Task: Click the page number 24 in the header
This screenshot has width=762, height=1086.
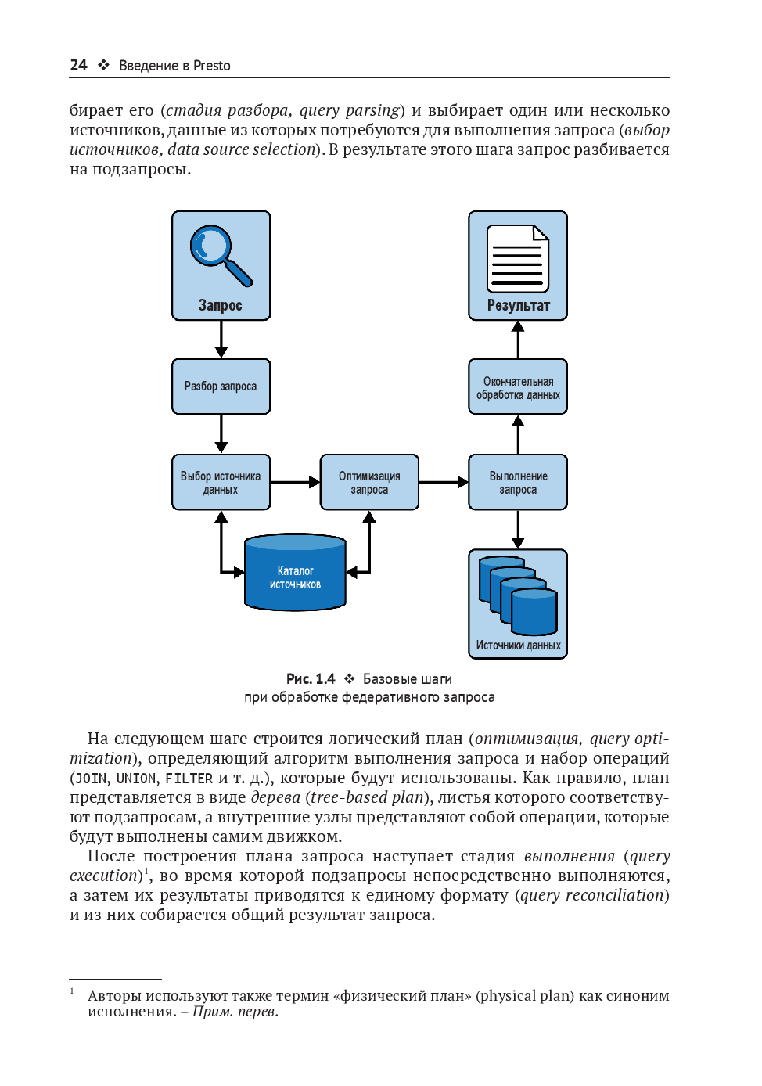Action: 78,65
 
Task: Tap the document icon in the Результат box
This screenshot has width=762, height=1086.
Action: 517,258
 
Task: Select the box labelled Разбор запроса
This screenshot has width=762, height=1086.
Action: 221,387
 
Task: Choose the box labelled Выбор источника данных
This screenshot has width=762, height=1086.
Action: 221,482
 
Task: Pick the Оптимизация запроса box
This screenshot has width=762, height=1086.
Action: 369,482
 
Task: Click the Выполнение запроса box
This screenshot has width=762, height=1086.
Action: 518,482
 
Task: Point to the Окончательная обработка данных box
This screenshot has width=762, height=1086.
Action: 518,387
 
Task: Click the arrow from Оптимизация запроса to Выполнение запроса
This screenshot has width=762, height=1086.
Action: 444,482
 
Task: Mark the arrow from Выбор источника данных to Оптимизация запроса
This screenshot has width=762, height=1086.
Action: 295,482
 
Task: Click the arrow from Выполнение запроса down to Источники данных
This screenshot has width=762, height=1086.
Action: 518,530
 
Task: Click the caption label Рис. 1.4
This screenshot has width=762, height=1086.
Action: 311,679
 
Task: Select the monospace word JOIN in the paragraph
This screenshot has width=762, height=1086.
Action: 91,779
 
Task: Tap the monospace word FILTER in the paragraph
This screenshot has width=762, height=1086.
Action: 189,779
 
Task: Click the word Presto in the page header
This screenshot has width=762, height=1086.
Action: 212,66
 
